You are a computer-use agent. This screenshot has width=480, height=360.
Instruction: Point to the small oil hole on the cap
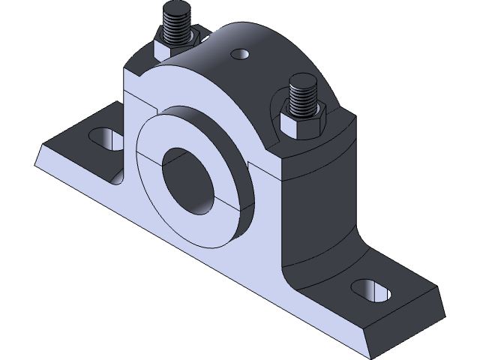coord(241,54)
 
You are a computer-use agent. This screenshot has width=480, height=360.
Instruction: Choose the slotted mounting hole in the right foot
coord(369,289)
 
